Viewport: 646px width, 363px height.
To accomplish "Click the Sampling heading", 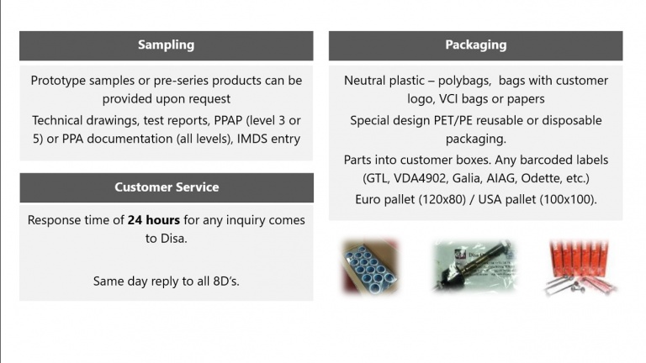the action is pyautogui.click(x=166, y=45).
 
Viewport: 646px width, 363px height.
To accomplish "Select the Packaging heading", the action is pyautogui.click(x=476, y=45).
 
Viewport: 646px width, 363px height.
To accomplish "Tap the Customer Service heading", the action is pyautogui.click(x=167, y=187).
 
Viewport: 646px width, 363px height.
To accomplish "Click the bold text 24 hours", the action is pyautogui.click(x=154, y=220).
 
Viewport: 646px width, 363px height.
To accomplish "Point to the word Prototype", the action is pyautogui.click(x=58, y=81).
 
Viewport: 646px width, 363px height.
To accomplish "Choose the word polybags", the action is pyautogui.click(x=464, y=81).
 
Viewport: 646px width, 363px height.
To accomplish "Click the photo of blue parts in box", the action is pyautogui.click(x=369, y=266).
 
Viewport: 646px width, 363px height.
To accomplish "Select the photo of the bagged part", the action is pyautogui.click(x=474, y=266).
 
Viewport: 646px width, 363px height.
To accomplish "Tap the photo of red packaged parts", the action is pyautogui.click(x=580, y=267).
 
